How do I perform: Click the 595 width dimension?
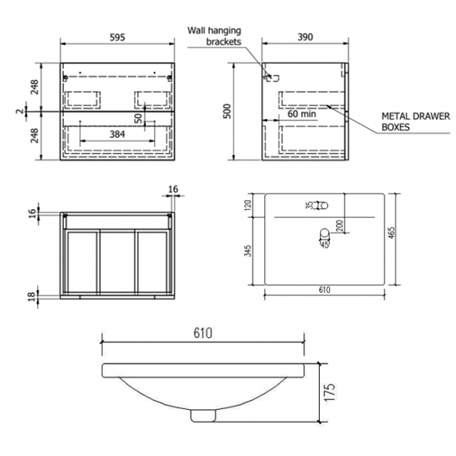116,39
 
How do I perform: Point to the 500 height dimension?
227,112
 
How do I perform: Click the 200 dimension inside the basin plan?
339,225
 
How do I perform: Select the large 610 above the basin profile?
203,332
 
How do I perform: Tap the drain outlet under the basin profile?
202,415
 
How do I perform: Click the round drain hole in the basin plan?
324,233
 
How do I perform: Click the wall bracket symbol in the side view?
270,76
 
